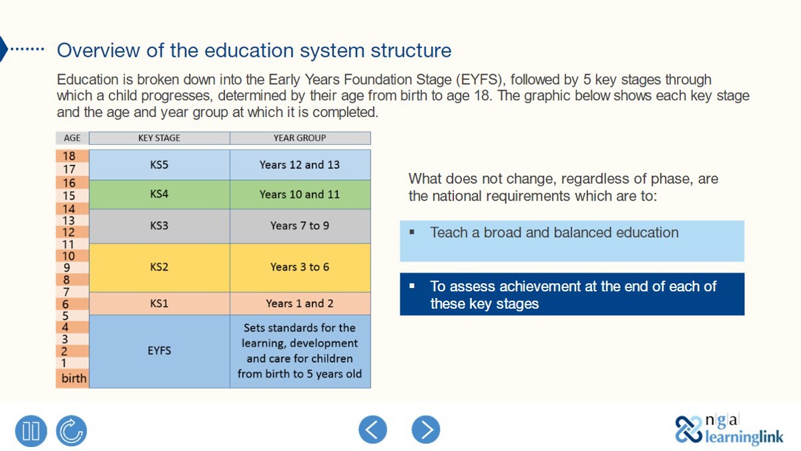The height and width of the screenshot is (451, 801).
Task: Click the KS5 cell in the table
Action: pyautogui.click(x=159, y=164)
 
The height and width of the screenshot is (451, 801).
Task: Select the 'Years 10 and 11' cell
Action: pyautogui.click(x=299, y=194)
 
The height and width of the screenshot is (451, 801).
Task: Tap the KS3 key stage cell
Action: pyautogui.click(x=159, y=226)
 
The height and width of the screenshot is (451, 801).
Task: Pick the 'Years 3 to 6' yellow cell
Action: pyautogui.click(x=299, y=267)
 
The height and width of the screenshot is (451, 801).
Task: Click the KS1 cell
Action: pyautogui.click(x=159, y=303)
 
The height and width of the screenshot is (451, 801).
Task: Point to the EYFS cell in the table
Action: pyautogui.click(x=159, y=350)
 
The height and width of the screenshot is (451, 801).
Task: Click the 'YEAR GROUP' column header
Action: pyautogui.click(x=299, y=138)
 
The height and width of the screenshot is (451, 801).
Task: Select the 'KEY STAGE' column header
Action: pyautogui.click(x=159, y=138)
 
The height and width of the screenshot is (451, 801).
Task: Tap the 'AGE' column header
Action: pyautogui.click(x=72, y=138)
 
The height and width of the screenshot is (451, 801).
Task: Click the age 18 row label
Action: pyautogui.click(x=69, y=156)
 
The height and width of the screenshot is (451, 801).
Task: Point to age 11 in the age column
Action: pyautogui.click(x=69, y=245)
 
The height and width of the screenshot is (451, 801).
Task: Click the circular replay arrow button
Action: pyautogui.click(x=71, y=430)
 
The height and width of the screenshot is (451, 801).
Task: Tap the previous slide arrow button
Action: pyautogui.click(x=372, y=429)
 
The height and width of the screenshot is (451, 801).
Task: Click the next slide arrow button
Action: pyautogui.click(x=426, y=429)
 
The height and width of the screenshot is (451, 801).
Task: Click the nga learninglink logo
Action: pyautogui.click(x=729, y=429)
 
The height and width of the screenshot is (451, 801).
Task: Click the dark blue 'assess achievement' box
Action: pyautogui.click(x=571, y=295)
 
